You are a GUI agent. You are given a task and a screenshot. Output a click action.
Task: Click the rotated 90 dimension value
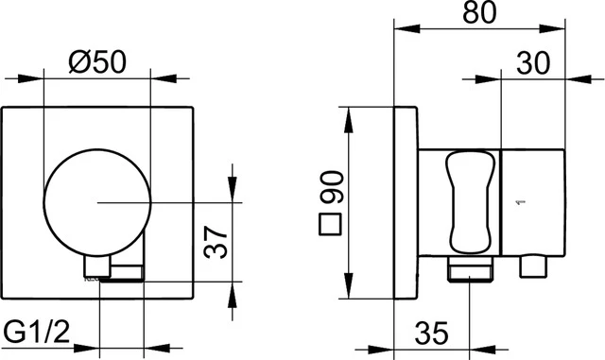[330, 188]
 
